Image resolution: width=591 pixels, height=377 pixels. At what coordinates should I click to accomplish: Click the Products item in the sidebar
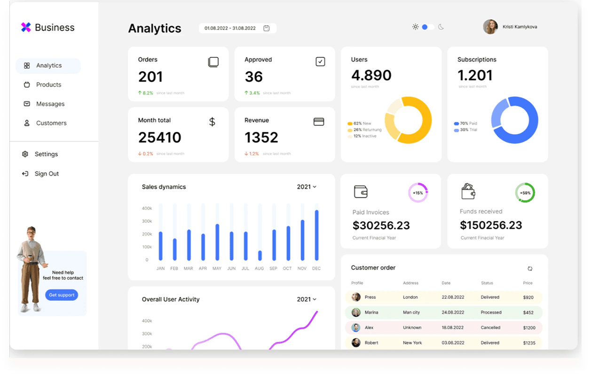pos(48,85)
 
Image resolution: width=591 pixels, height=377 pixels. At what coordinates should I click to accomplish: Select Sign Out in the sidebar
pos(46,174)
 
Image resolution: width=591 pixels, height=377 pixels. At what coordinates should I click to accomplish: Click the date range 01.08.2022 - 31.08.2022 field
pos(237,28)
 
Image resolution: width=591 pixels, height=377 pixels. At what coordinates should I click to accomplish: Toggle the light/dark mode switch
pos(427,27)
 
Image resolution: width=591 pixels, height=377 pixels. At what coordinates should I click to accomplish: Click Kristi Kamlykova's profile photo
pos(490,27)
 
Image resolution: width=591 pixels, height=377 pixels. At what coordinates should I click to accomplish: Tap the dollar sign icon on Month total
pos(212,122)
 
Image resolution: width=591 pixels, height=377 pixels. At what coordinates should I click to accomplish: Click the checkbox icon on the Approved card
pos(320,62)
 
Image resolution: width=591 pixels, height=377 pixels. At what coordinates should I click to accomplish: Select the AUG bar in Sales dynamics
pos(260,255)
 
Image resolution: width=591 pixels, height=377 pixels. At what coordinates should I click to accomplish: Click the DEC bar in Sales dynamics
pos(316,235)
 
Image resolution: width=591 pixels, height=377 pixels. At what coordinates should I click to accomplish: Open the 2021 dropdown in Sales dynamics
pos(307,187)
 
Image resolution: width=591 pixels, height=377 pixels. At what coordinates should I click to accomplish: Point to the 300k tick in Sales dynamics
pos(147,221)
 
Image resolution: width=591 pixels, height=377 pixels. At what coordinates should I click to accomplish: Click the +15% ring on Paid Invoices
pos(418,193)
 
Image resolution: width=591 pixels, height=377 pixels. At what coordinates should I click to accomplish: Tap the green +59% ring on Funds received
pos(525,193)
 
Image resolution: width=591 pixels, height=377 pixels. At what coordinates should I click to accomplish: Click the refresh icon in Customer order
pos(530,269)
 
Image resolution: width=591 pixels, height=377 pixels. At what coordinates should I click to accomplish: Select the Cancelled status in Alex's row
pos(490,328)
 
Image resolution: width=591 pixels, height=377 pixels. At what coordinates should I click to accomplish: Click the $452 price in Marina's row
pos(528,313)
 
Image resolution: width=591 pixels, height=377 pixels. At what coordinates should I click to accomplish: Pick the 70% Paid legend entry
pos(465,123)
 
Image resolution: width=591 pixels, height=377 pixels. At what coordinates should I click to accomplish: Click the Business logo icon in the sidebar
pos(26,27)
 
